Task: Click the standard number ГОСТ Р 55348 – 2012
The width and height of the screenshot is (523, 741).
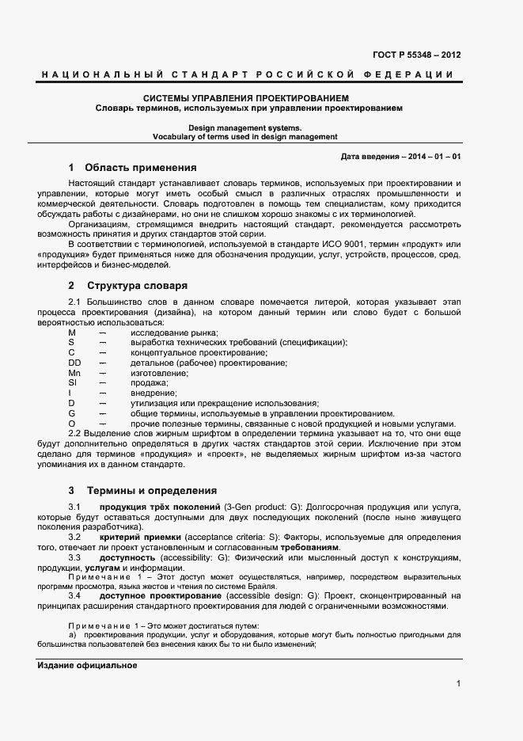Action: click(x=416, y=55)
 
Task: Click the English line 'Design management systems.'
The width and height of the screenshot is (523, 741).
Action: click(x=244, y=127)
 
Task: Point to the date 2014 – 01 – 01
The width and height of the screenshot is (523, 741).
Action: click(x=434, y=157)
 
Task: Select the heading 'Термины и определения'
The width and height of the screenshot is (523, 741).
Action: click(x=151, y=490)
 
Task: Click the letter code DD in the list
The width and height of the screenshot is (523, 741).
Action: click(x=74, y=363)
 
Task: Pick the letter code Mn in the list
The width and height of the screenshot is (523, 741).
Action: click(x=74, y=373)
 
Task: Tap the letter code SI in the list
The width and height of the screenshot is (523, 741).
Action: click(x=72, y=383)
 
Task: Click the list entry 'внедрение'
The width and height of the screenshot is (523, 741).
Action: click(x=153, y=393)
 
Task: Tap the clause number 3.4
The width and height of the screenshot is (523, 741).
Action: click(x=74, y=595)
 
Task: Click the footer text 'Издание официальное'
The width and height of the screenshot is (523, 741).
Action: click(x=88, y=666)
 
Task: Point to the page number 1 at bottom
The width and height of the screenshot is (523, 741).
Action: click(x=458, y=684)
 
